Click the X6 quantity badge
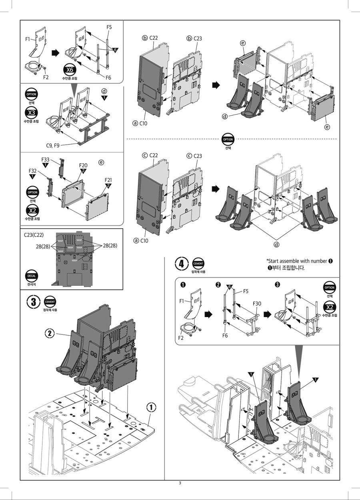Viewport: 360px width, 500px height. coord(70,70)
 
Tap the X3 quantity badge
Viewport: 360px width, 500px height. coord(32,112)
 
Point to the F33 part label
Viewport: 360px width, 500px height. coord(45,159)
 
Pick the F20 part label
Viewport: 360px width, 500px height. coord(83,165)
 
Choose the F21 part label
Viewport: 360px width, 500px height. coord(108,180)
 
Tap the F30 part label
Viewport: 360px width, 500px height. coord(257,304)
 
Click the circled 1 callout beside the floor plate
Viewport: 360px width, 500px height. coord(151,407)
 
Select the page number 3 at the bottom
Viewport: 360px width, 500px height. coord(180,483)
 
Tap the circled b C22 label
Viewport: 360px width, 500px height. coord(150,38)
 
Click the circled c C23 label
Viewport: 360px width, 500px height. coord(194,156)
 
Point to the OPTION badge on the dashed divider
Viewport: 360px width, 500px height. coord(228,139)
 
